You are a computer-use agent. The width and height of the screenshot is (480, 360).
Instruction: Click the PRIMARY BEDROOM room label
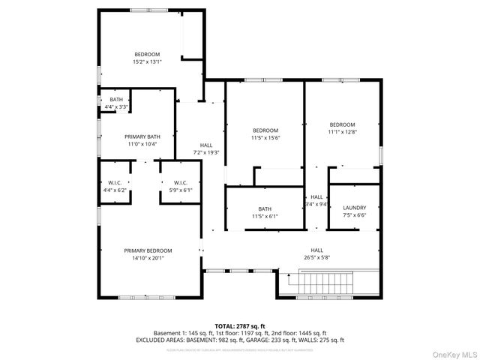pyautogui.click(x=148, y=250)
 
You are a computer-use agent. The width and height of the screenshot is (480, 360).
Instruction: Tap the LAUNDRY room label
pyautogui.click(x=354, y=208)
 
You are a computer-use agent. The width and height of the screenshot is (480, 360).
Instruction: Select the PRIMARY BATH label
pyautogui.click(x=142, y=136)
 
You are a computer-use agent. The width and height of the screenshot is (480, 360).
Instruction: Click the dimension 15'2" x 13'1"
pyautogui.click(x=147, y=61)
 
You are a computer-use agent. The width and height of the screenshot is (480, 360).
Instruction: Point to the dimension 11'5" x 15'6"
pyautogui.click(x=265, y=138)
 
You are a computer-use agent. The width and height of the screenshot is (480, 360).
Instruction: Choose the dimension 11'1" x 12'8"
pyautogui.click(x=342, y=132)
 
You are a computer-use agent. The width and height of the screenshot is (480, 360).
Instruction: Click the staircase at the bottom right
pyautogui.click(x=325, y=284)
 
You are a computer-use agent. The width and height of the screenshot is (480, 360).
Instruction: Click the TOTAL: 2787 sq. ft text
pyautogui.click(x=240, y=326)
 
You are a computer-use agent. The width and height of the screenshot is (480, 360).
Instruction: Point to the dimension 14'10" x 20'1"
pyautogui.click(x=148, y=258)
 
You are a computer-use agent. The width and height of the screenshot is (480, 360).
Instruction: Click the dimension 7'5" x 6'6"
pyautogui.click(x=354, y=215)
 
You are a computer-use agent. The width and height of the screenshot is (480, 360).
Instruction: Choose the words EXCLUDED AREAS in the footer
pyautogui.click(x=157, y=340)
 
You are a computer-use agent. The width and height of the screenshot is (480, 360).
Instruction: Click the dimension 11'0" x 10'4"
pyautogui.click(x=142, y=144)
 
